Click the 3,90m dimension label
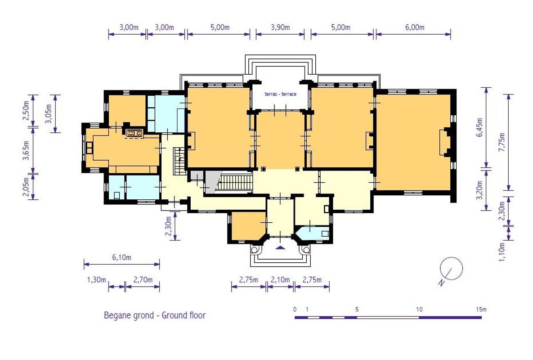[x=280, y=27]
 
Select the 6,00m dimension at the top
[x=415, y=27]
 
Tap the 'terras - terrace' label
[x=280, y=94]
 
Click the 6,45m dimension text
[x=479, y=127]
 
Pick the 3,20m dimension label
[x=479, y=190]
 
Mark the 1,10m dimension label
[x=502, y=252]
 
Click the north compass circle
[x=452, y=269]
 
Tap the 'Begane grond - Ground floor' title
[x=155, y=315]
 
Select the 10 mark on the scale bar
[x=419, y=309]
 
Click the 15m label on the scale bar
[x=481, y=309]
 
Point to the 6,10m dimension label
[x=122, y=258]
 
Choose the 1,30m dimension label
[x=97, y=280]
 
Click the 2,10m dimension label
[x=280, y=280]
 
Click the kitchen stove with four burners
[x=134, y=133]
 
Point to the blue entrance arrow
[x=280, y=247]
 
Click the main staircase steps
[x=235, y=183]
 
